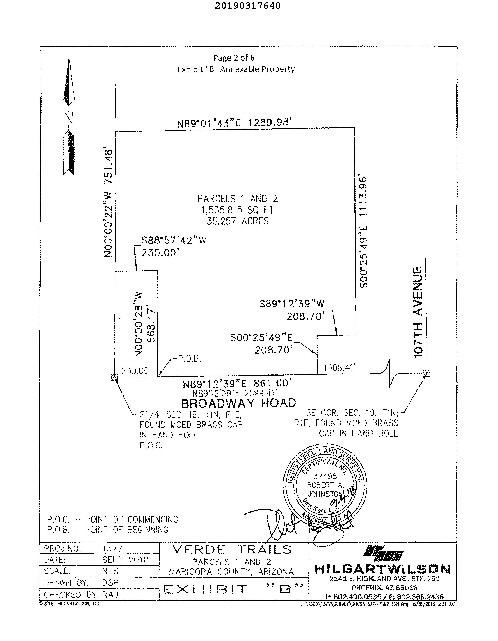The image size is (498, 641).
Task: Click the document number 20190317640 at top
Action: pos(247,6)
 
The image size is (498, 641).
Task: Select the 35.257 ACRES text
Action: pos(238,221)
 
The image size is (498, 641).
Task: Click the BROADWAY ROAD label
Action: pos(238,403)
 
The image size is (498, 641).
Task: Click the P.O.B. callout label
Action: pos(189,358)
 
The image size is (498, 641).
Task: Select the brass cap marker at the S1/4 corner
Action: pos(115,377)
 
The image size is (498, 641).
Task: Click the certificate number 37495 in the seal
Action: pos(325,476)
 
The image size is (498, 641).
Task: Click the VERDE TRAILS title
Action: pos(232,549)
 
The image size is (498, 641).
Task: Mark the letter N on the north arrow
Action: pos(68,118)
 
